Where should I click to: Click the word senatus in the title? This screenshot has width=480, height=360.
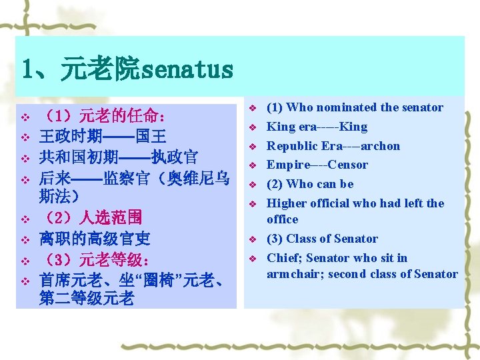click(x=188, y=69)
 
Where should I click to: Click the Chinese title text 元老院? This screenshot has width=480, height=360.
click(x=101, y=69)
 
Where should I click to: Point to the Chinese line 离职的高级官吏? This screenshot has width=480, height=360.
click(x=95, y=238)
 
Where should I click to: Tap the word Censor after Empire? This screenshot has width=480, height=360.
click(x=347, y=165)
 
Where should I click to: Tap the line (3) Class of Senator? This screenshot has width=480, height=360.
click(x=322, y=239)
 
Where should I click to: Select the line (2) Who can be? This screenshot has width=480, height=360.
click(x=310, y=184)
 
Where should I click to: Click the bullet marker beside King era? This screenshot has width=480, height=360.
click(x=253, y=127)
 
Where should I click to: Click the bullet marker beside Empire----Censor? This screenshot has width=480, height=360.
click(x=253, y=165)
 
